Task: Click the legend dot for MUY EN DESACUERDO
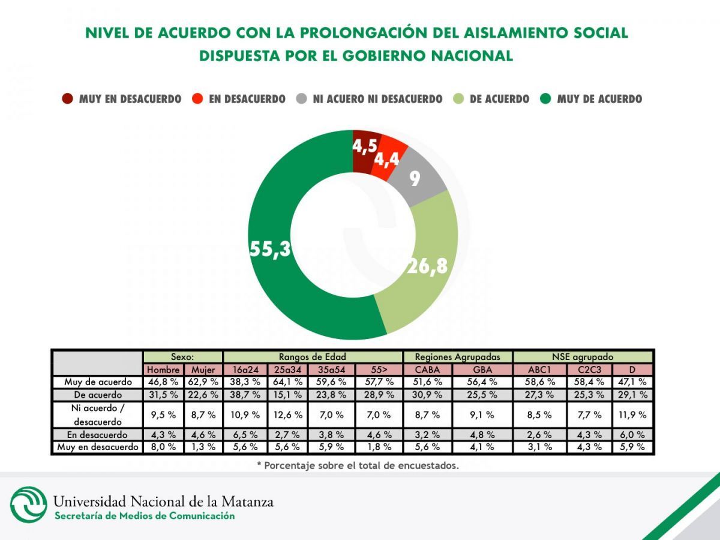[67, 99]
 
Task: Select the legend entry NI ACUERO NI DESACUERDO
[377, 99]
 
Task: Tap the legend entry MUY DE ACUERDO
[599, 99]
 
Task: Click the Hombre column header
[163, 370]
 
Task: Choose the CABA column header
[427, 370]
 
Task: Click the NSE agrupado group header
[583, 356]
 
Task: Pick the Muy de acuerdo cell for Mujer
[203, 382]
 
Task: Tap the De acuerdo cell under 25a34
[287, 395]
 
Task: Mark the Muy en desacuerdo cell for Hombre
[163, 447]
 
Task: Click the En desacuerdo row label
[97, 434]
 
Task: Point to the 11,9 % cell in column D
[632, 415]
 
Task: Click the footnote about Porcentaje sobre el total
[358, 465]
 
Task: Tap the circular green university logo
[28, 505]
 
